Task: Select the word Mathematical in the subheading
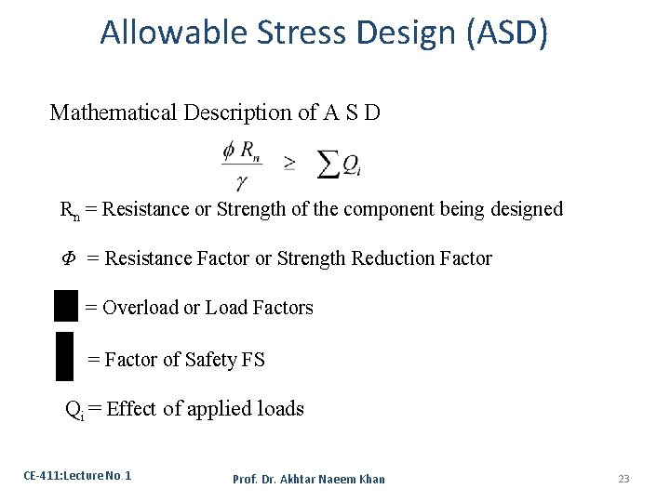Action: click(113, 112)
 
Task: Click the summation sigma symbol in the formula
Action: click(327, 164)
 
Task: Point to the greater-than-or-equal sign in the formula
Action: click(289, 164)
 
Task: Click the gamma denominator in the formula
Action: click(241, 181)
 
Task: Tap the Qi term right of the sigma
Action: click(351, 165)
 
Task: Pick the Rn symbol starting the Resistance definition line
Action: click(70, 210)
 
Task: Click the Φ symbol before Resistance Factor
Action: click(68, 258)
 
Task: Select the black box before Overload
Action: click(66, 305)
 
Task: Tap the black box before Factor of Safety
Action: click(64, 356)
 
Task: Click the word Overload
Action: click(140, 308)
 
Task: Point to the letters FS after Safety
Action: click(253, 360)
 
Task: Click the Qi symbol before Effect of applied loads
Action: click(74, 409)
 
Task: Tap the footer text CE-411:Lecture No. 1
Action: click(77, 476)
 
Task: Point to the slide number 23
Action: click(623, 479)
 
